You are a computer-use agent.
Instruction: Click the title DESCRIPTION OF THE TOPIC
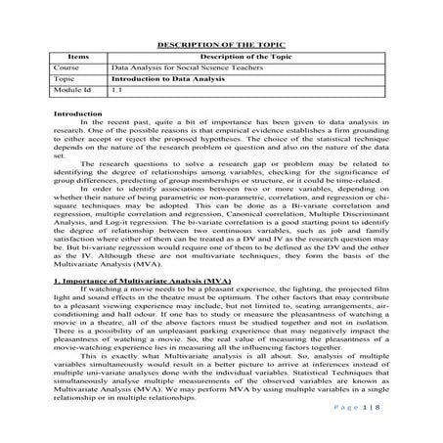coord(221,45)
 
